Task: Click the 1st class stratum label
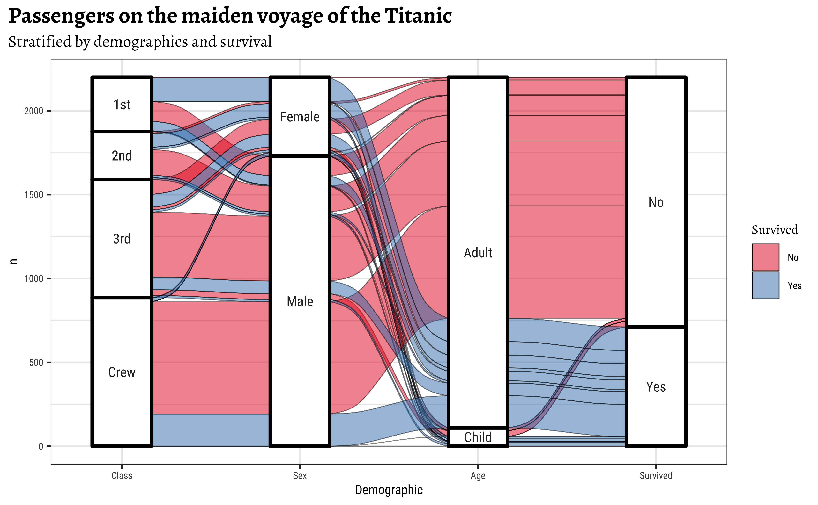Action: pos(122,105)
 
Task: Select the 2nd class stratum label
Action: pos(122,156)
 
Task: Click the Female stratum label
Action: pos(300,117)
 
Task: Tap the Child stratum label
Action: pos(478,437)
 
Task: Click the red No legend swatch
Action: pos(765,257)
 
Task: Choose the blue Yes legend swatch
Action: pos(765,285)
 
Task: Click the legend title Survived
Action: pos(775,230)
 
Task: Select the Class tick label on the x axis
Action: pos(122,476)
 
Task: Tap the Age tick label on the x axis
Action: pos(478,476)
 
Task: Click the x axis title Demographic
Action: pos(389,490)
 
